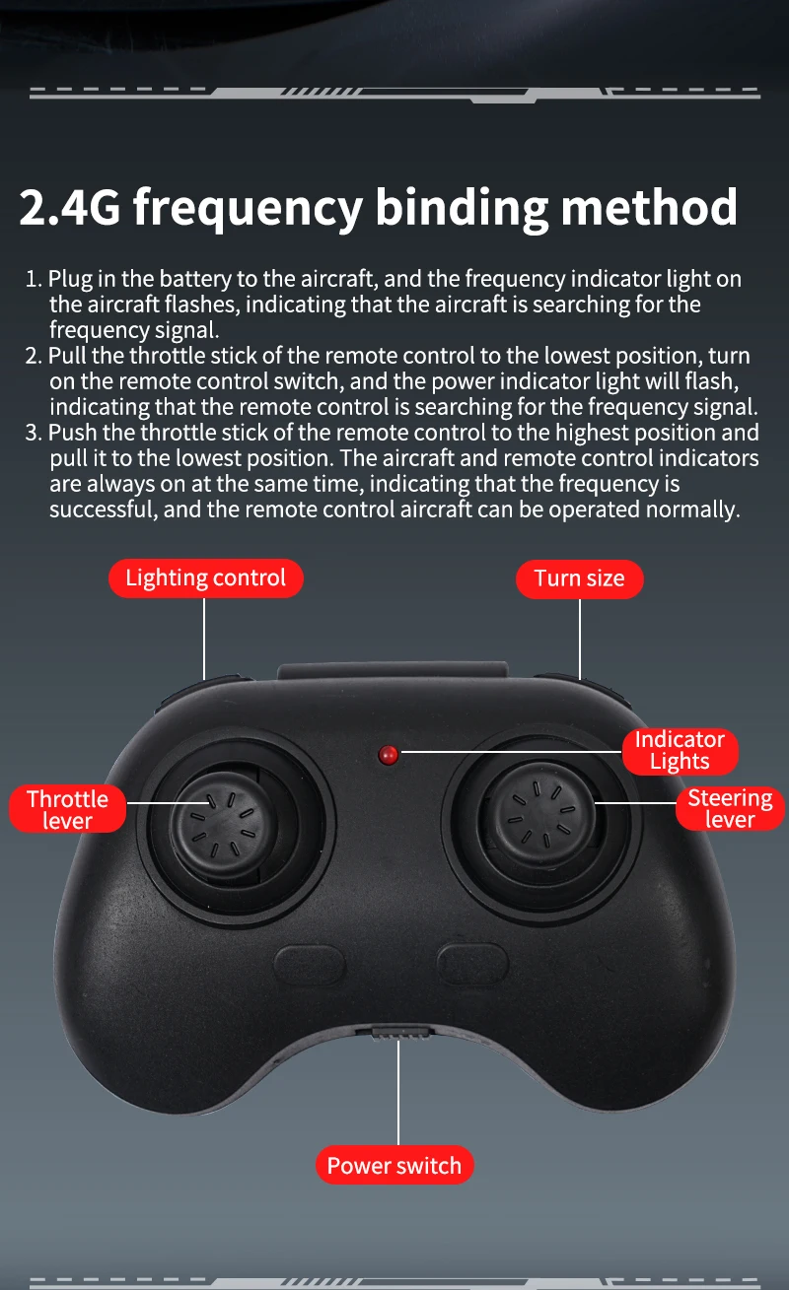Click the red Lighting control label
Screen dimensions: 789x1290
[206, 578]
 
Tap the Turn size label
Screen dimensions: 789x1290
[579, 578]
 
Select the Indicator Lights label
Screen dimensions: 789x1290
[681, 751]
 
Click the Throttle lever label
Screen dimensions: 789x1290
[67, 809]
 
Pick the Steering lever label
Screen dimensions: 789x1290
[730, 808]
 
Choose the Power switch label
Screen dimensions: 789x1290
[394, 1165]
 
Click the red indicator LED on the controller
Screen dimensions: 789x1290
[388, 755]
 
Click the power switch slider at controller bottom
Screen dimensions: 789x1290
[398, 1033]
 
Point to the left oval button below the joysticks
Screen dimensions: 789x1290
[310, 965]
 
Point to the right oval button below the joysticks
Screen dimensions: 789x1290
[472, 963]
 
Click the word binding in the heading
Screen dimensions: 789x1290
[462, 208]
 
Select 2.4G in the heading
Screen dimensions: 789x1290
[70, 207]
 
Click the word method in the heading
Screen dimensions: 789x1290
[650, 206]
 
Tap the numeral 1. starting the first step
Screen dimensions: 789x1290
[34, 279]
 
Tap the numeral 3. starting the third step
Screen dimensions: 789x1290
[34, 433]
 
